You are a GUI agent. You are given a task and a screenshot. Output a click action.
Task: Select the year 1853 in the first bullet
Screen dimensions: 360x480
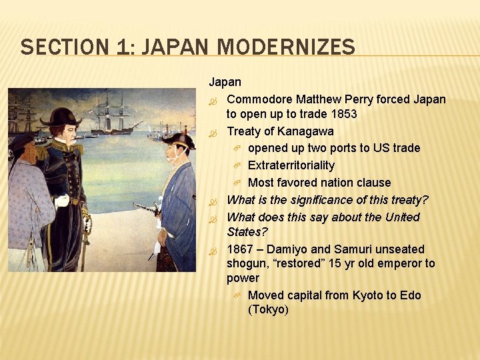click(x=343, y=114)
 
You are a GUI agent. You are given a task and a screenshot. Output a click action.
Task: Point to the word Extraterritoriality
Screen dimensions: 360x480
click(x=291, y=165)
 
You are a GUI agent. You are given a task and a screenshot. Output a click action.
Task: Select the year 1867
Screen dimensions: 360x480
click(x=240, y=249)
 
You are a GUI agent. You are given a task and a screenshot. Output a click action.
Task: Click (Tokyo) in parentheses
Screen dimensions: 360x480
click(x=268, y=310)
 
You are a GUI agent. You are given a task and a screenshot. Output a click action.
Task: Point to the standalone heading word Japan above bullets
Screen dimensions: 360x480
click(x=225, y=83)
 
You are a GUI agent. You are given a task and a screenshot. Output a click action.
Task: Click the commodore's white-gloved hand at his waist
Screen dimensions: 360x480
click(x=62, y=201)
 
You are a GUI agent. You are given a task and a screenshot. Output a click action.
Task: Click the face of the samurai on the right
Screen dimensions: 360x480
click(x=174, y=154)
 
